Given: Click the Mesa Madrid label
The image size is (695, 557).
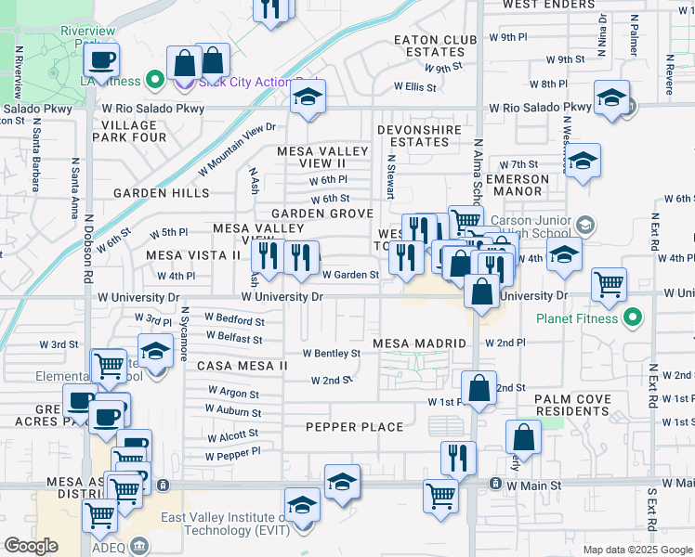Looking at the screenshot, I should click(419, 343).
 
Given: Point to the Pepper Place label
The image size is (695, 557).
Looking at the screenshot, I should click(355, 427).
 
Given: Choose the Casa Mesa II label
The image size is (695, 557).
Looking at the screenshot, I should click(243, 366).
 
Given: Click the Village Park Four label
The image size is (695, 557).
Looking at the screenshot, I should click(128, 131).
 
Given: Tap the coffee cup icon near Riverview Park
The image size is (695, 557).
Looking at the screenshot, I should click(101, 60).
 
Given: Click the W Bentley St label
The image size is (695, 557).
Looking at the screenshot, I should click(332, 354).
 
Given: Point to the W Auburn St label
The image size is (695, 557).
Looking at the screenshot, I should click(234, 412).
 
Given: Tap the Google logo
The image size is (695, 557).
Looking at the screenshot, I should click(32, 546).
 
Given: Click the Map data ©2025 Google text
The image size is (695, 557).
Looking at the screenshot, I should click(637, 550).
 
